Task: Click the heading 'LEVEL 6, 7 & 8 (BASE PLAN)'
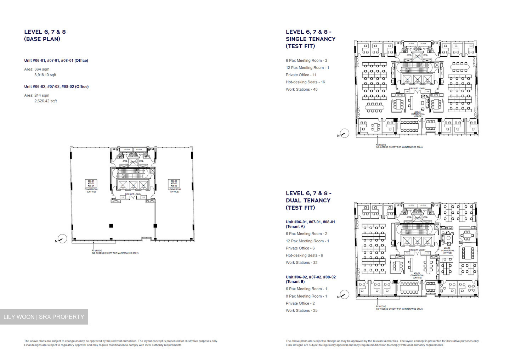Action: [x=45, y=35]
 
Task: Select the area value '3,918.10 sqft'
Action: [x=45, y=75]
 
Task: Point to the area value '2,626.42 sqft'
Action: [x=45, y=101]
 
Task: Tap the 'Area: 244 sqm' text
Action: [x=37, y=95]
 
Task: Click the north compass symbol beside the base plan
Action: [x=62, y=239]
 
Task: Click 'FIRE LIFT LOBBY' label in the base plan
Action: [x=133, y=194]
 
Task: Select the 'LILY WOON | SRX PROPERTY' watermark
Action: [x=44, y=317]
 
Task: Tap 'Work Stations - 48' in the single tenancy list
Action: [x=301, y=89]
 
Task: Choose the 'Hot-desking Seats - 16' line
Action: [x=305, y=82]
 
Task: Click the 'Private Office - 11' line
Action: [x=301, y=75]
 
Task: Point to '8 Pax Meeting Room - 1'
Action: [x=306, y=296]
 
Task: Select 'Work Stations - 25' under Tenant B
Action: [x=301, y=310]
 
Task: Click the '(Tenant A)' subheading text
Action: [x=295, y=227]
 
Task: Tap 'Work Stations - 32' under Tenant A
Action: [x=301, y=263]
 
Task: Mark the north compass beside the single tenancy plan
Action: [x=344, y=133]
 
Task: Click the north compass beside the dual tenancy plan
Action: [x=344, y=294]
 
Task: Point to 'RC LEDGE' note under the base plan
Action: [x=96, y=251]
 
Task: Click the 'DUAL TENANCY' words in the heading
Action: [x=308, y=201]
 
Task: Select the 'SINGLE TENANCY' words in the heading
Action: [x=311, y=39]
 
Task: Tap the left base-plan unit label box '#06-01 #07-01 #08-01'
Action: [x=91, y=183]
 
